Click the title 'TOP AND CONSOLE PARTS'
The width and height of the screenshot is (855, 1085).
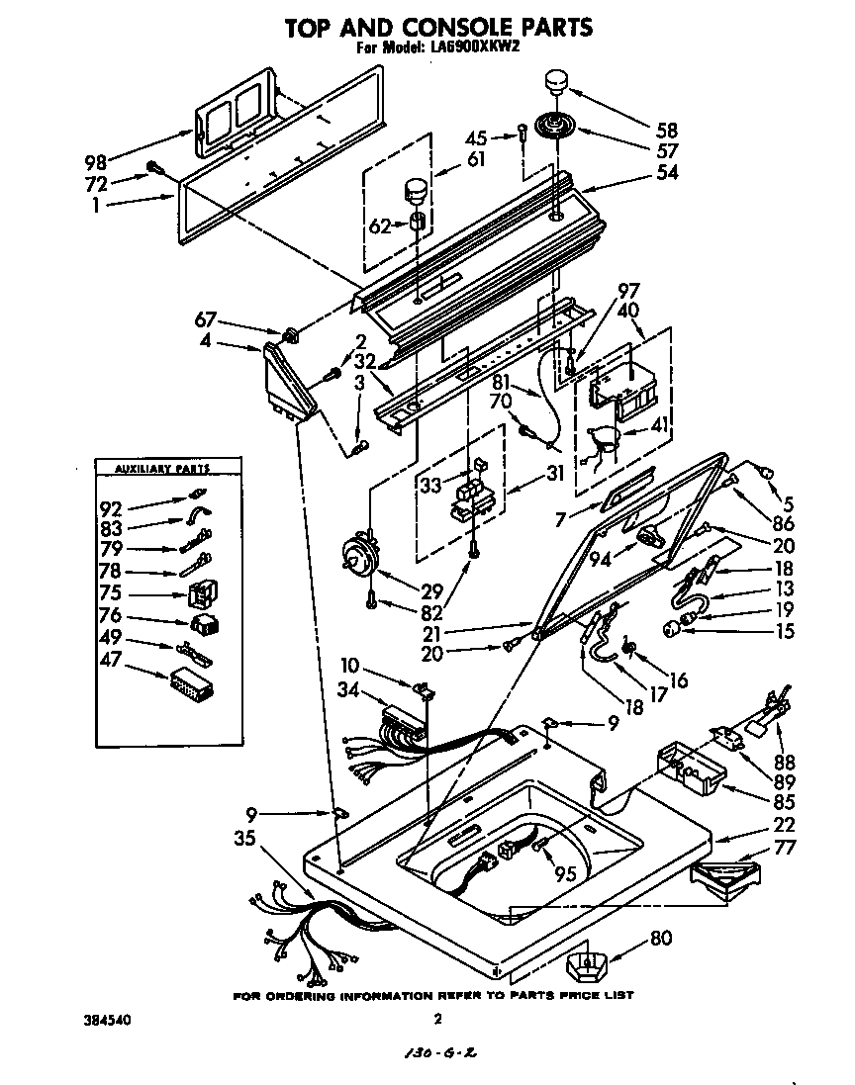click(x=438, y=27)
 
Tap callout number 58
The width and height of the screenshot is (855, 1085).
click(x=669, y=131)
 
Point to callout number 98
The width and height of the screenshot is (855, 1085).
click(x=95, y=161)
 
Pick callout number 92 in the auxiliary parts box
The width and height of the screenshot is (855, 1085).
click(x=112, y=510)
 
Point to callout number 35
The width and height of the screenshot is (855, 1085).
click(x=247, y=839)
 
